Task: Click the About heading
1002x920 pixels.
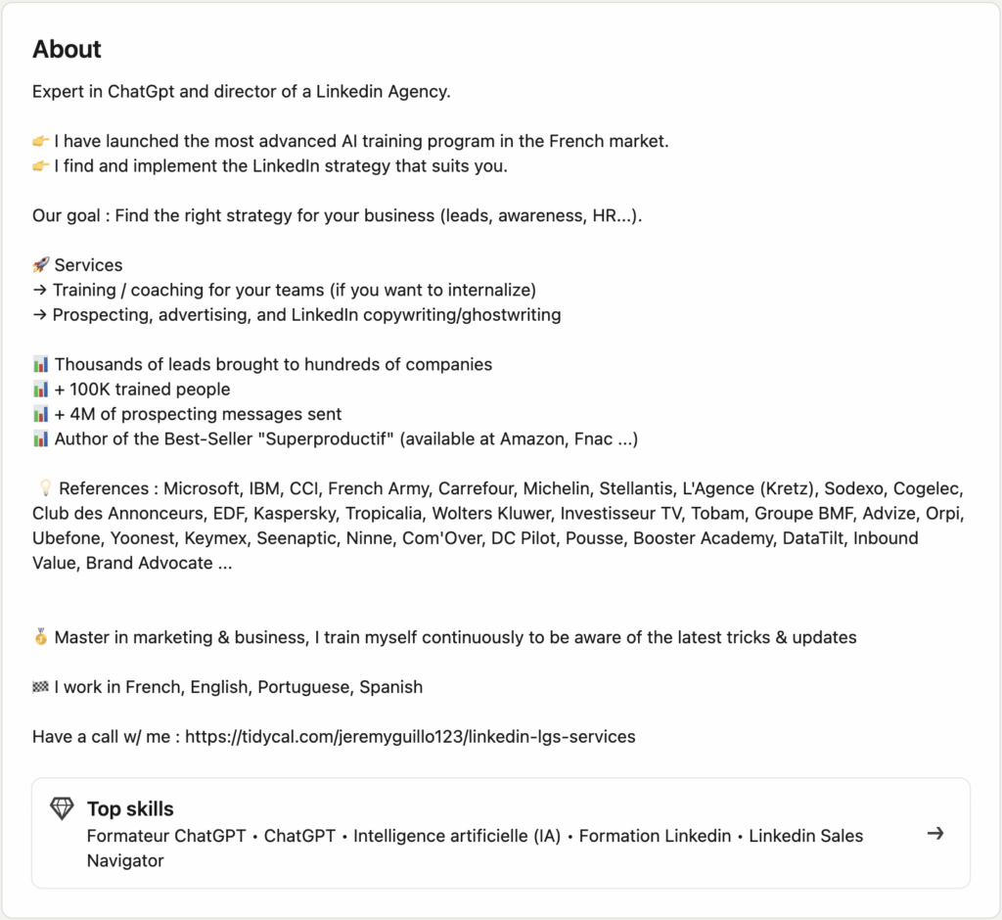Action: (67, 49)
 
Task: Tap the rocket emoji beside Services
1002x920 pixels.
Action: (41, 265)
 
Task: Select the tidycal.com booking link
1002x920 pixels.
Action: (410, 737)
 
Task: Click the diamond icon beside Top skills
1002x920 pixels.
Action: (62, 808)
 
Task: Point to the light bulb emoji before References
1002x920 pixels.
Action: (43, 488)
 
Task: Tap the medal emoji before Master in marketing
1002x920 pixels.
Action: (41, 637)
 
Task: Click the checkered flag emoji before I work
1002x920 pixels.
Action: (41, 687)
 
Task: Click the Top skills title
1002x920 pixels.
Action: (130, 808)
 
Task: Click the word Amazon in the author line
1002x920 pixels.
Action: (532, 438)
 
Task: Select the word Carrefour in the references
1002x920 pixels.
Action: (477, 488)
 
